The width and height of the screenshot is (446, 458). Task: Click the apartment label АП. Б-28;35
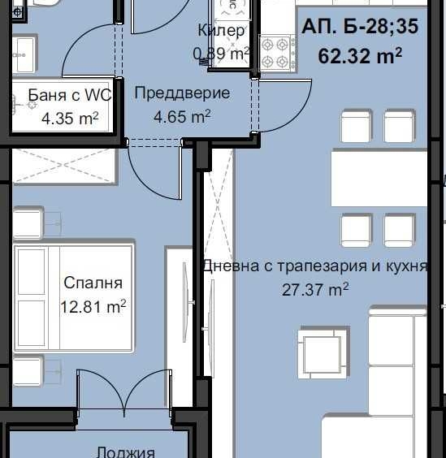pyautogui.click(x=360, y=28)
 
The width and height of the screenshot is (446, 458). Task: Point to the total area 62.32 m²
pyautogui.click(x=360, y=56)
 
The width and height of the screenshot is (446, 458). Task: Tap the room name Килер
pyautogui.click(x=221, y=31)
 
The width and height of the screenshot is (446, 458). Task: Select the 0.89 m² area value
pyautogui.click(x=219, y=54)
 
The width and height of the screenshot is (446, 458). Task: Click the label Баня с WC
pyautogui.click(x=70, y=96)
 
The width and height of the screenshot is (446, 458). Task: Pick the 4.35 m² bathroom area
pyautogui.click(x=70, y=119)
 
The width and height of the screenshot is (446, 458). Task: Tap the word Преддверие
pyautogui.click(x=181, y=93)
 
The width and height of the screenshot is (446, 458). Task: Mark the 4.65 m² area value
pyautogui.click(x=182, y=117)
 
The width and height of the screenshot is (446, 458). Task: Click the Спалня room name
pyautogui.click(x=93, y=283)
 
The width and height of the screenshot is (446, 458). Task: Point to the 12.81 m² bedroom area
pyautogui.click(x=93, y=307)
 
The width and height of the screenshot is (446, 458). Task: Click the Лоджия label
pyautogui.click(x=125, y=452)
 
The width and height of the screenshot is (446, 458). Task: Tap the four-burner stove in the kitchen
pyautogui.click(x=275, y=52)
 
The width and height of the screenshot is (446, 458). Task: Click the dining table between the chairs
pyautogui.click(x=378, y=178)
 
